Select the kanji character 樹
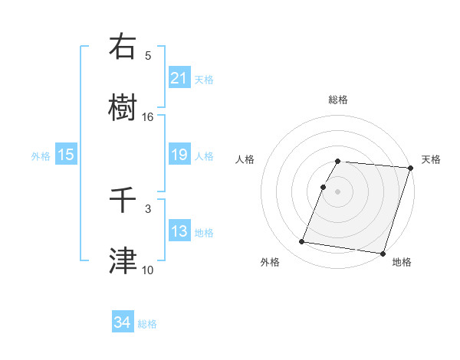click(x=123, y=107)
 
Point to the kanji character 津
click(x=123, y=260)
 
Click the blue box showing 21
click(x=179, y=78)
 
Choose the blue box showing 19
click(x=179, y=155)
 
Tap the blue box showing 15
click(x=66, y=155)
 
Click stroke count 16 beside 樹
click(x=148, y=116)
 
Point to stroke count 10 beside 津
click(x=148, y=270)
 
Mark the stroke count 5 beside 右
click(x=148, y=55)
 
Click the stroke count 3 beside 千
click(x=148, y=208)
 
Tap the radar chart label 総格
click(x=338, y=100)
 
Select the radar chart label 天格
click(x=431, y=159)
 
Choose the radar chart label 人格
click(x=245, y=159)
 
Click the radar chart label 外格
click(x=270, y=262)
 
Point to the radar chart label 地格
click(x=402, y=262)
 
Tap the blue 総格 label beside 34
click(x=147, y=324)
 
